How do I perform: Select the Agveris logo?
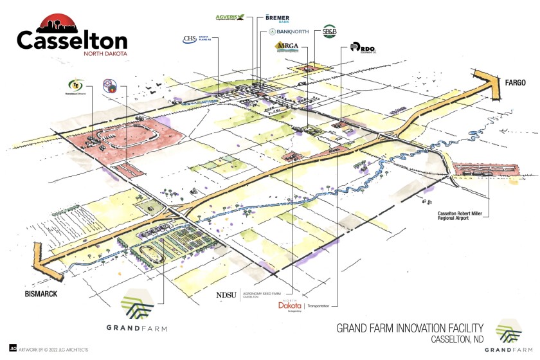tap(231, 17)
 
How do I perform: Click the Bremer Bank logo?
tap(276, 19)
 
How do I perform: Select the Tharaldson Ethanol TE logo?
tap(76, 85)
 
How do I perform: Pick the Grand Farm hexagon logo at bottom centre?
tap(136, 305)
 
